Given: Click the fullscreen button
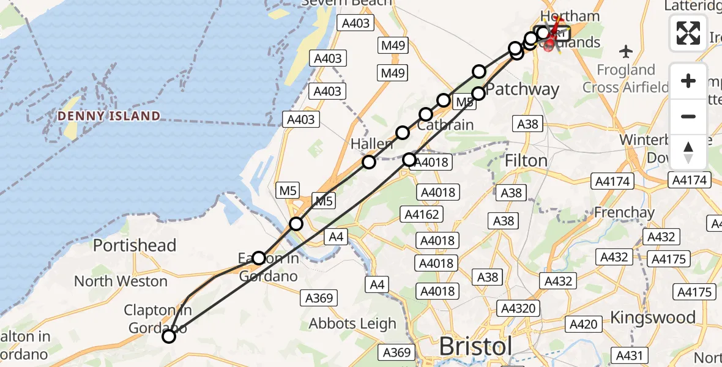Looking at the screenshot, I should click(688, 33).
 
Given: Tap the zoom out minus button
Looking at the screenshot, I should click(688, 116).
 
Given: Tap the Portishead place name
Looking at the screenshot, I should click(134, 245).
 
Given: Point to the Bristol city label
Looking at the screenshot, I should click(475, 347).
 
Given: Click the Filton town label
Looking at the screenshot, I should click(526, 161).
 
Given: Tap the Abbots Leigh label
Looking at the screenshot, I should click(352, 324).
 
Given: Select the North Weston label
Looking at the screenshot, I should click(121, 281).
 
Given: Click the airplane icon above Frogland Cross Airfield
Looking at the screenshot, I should click(626, 50).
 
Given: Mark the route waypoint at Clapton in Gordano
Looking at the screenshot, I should click(168, 336).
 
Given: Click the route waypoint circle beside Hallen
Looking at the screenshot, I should click(368, 162).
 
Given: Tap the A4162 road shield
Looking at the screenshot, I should click(421, 214).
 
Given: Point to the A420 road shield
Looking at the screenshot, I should click(584, 324).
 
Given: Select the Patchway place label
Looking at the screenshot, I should click(523, 90).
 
